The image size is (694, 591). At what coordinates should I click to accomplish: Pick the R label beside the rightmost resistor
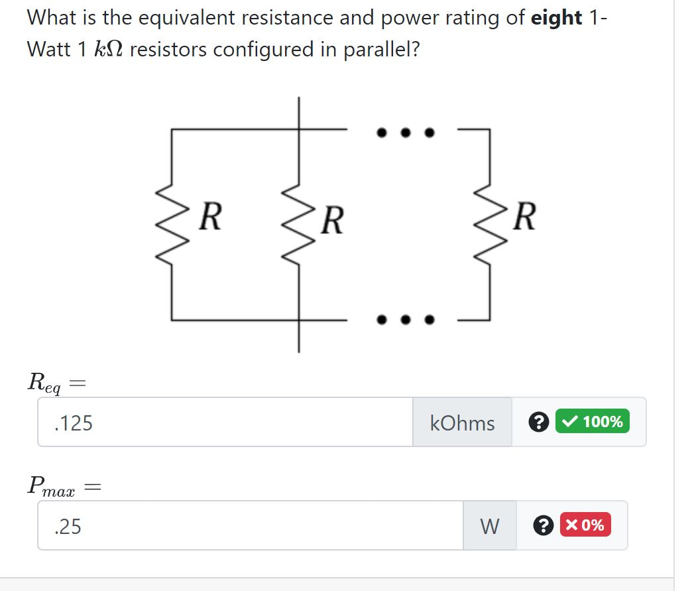click(523, 217)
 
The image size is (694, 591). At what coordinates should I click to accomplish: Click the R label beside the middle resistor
click(333, 220)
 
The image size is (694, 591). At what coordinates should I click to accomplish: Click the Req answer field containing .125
click(225, 423)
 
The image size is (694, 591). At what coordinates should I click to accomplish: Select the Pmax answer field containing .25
click(250, 526)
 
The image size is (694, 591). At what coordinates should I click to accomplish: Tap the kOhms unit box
click(462, 423)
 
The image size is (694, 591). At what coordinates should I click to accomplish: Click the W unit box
click(489, 526)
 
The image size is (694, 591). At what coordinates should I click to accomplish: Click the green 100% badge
click(592, 421)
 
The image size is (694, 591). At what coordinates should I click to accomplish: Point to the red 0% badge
click(585, 525)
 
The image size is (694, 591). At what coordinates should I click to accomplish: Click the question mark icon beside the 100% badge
click(540, 422)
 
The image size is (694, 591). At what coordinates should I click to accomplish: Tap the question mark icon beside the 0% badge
click(544, 525)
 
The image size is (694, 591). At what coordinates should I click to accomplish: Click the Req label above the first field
click(45, 382)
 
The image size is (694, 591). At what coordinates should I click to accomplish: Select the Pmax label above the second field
click(51, 486)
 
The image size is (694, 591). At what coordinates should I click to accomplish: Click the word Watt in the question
click(50, 49)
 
